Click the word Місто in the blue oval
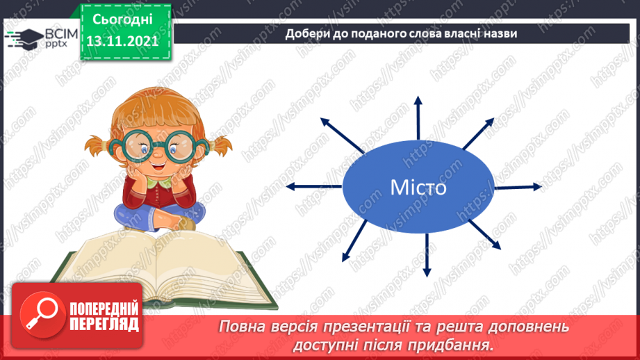click(x=418, y=188)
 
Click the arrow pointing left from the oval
click(x=313, y=186)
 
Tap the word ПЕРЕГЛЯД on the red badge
click(x=105, y=323)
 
